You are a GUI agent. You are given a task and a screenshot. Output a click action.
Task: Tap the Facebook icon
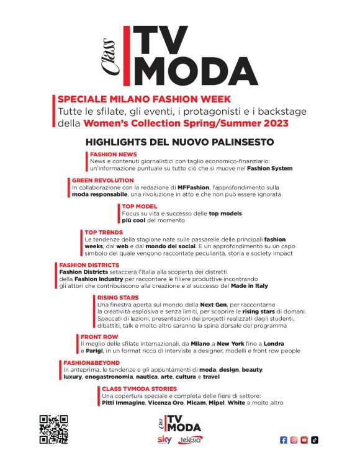coord(284,440)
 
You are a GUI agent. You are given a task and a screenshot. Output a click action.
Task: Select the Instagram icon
coord(294,440)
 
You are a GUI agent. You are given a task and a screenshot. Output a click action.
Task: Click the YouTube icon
coord(304,440)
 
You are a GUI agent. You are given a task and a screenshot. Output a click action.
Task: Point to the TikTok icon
coord(315,440)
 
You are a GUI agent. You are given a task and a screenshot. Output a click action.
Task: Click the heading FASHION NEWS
coord(114,154)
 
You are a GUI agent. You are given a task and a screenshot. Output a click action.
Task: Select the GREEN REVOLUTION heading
coord(102,180)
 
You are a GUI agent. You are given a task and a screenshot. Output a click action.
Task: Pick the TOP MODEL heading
coord(140,206)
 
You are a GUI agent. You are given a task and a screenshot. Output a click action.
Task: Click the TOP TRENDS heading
coord(104,232)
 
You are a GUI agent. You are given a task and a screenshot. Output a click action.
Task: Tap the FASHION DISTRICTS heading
coord(89,265)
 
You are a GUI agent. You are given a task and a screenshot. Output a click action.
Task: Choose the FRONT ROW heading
coord(99,337)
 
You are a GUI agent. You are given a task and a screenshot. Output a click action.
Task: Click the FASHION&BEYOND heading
coord(92,362)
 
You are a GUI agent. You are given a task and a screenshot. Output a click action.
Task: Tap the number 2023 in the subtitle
coord(272,123)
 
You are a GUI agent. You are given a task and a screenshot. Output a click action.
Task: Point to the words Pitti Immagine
coord(123,403)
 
